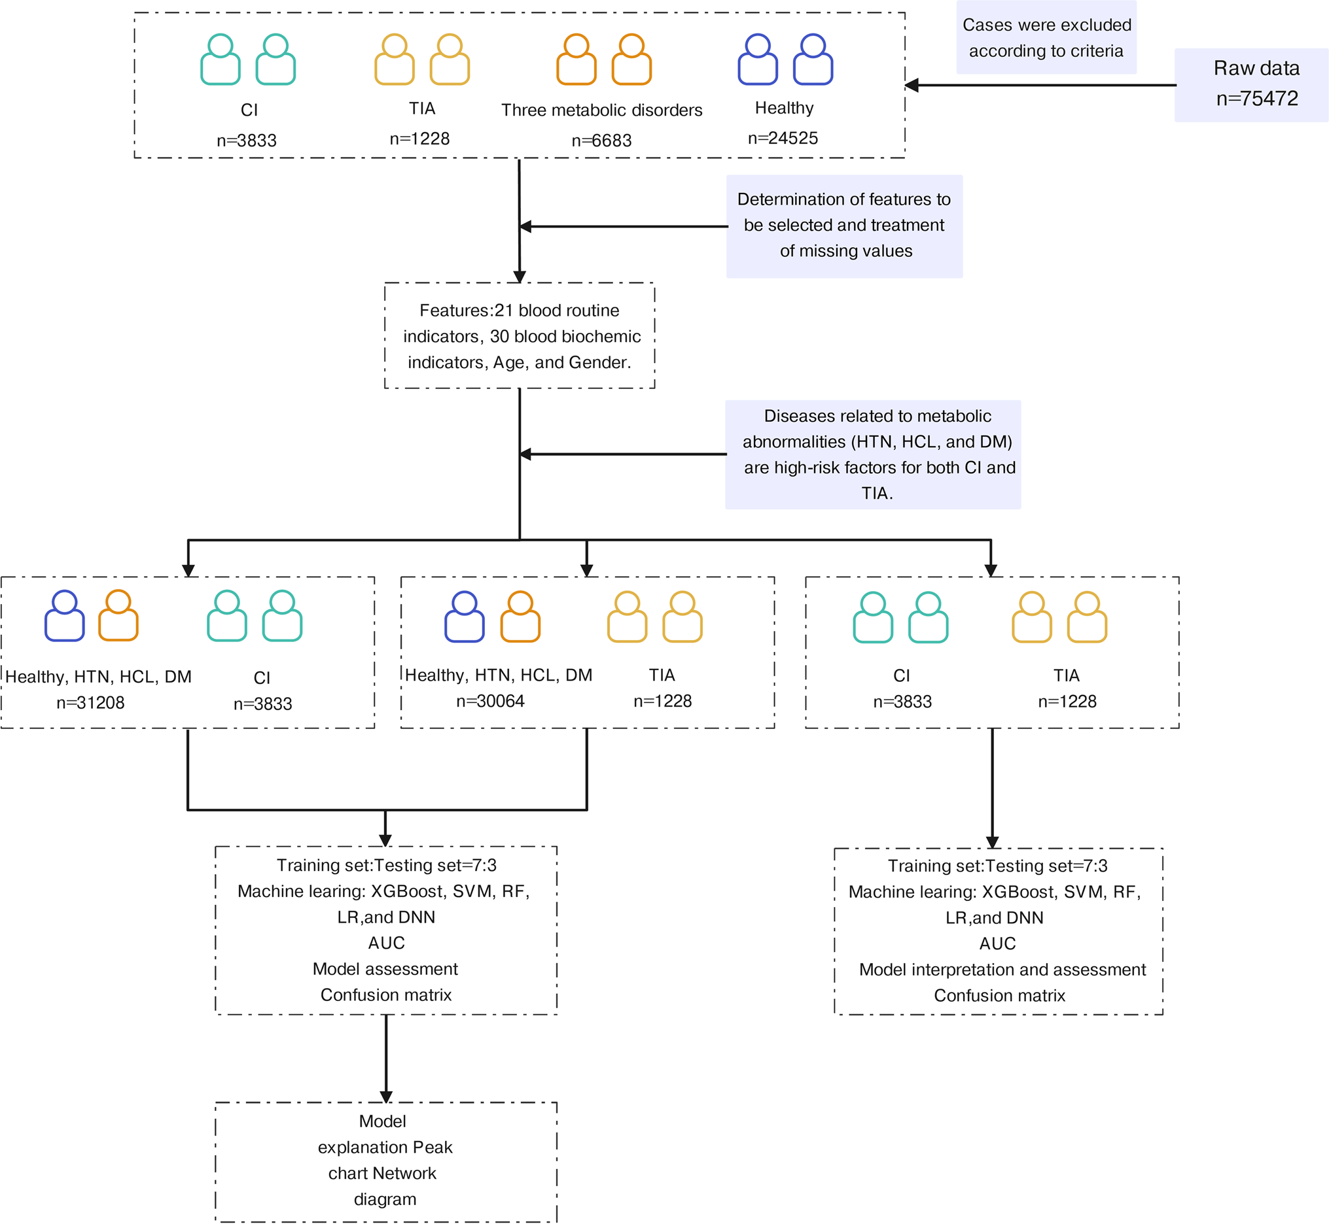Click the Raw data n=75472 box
click(x=1250, y=85)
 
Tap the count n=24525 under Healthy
click(x=783, y=138)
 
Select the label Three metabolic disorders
click(x=601, y=110)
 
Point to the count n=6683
click(x=601, y=141)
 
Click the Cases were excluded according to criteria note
click(x=1046, y=38)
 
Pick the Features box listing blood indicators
click(x=520, y=336)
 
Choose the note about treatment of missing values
click(x=845, y=226)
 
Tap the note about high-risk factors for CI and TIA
click(x=873, y=454)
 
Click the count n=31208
click(x=90, y=703)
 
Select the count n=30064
click(x=490, y=701)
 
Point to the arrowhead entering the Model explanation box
click(x=386, y=1097)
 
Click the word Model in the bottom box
click(x=382, y=1121)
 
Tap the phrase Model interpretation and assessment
click(x=1002, y=970)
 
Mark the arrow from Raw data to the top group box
click(x=1040, y=85)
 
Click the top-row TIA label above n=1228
click(x=421, y=108)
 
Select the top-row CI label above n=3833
click(x=249, y=110)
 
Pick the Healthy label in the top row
click(x=784, y=108)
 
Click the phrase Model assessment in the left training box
click(x=385, y=969)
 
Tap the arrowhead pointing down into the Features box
click(x=520, y=277)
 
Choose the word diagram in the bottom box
click(x=385, y=1200)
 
